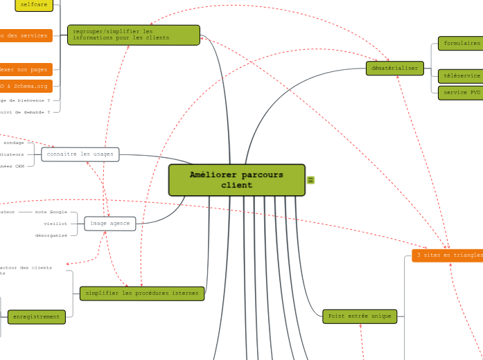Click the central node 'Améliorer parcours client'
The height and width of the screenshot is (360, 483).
[x=236, y=180]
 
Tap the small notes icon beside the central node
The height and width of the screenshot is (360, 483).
[x=310, y=180]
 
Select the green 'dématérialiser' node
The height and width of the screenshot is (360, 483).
[x=394, y=68]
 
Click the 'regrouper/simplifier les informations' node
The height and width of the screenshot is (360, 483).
[x=133, y=35]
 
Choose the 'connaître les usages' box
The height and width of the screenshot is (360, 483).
[x=80, y=154]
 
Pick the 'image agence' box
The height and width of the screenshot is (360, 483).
[x=109, y=223]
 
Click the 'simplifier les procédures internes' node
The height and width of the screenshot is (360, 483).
[x=142, y=294]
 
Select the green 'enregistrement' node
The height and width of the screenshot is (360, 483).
[x=36, y=317]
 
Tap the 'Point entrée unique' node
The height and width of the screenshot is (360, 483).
[x=360, y=316]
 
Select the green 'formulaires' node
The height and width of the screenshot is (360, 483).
[x=461, y=43]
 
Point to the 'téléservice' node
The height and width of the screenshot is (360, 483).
[x=461, y=75]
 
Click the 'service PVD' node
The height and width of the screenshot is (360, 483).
[x=461, y=92]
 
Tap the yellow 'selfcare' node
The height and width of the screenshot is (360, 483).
[x=34, y=5]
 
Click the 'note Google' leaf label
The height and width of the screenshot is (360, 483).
[x=51, y=212]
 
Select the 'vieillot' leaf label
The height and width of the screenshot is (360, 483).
[x=55, y=224]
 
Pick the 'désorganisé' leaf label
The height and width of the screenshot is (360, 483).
[x=51, y=235]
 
